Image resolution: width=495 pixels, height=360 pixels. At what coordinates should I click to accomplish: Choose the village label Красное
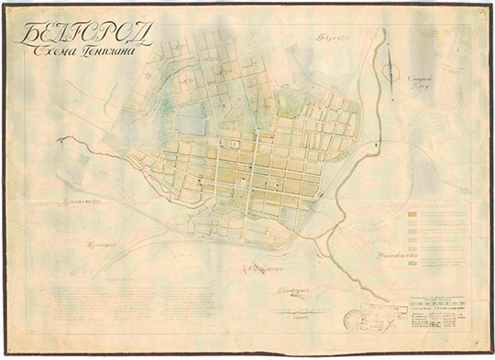(96, 246)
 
